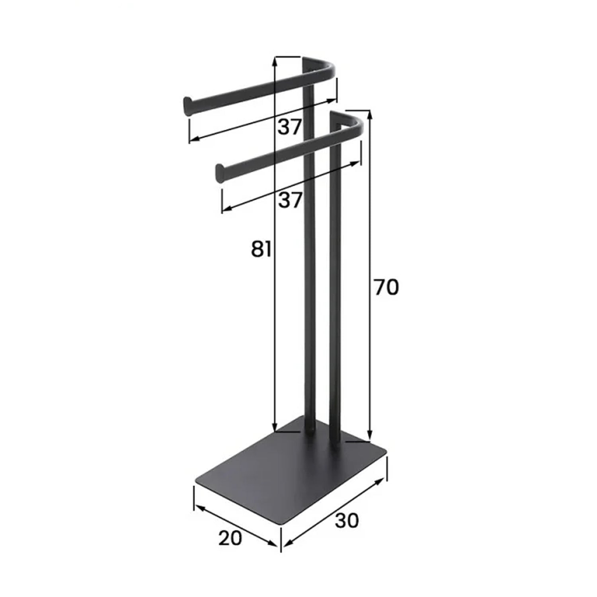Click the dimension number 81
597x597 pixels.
261,249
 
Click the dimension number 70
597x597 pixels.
386,287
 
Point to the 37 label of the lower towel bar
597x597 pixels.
290,200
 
